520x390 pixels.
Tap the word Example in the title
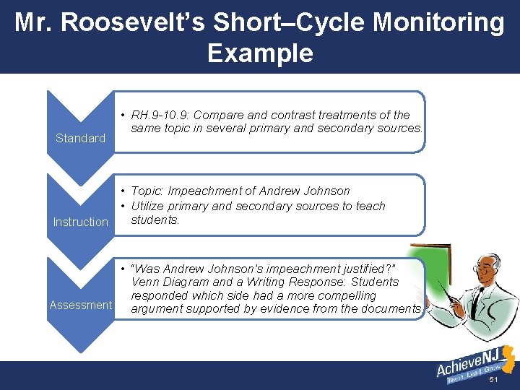pyautogui.click(x=260, y=53)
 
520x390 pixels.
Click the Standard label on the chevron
pyautogui.click(x=80, y=138)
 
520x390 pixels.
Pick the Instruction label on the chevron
pyautogui.click(x=80, y=222)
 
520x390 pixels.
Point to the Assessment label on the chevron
pyautogui.click(x=80, y=305)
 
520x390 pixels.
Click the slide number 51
pyautogui.click(x=494, y=380)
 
